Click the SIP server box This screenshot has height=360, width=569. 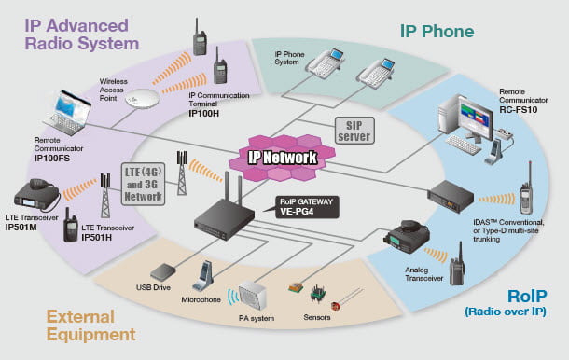click(354, 131)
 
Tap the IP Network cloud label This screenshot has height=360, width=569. click(283, 158)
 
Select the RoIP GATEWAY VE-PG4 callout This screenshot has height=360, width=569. click(307, 207)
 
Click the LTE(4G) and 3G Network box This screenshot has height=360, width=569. click(143, 184)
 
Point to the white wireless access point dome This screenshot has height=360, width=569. click(142, 98)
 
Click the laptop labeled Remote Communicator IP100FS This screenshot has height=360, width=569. click(67, 113)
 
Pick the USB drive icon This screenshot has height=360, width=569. click(163, 272)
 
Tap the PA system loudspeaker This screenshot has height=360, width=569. click(252, 295)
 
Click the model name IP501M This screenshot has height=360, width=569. click(21, 228)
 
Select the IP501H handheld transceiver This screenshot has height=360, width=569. click(71, 226)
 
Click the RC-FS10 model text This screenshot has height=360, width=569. click(519, 110)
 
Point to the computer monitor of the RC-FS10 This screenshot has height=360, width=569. click(475, 117)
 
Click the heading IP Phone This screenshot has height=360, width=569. click(437, 31)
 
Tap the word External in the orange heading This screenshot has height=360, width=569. click(80, 317)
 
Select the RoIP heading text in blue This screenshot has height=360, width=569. click(527, 297)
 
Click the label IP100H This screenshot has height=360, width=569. click(204, 113)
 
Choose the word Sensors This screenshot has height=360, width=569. click(317, 317)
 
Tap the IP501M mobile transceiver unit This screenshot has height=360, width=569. click(36, 195)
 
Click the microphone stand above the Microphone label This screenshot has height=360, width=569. click(203, 276)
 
